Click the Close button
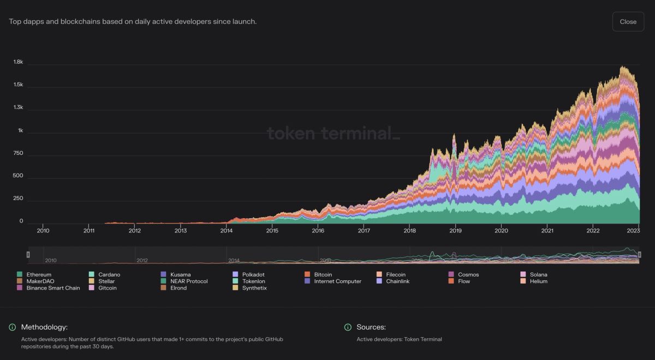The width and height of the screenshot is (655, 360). (x=628, y=22)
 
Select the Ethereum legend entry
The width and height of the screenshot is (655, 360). (x=38, y=274)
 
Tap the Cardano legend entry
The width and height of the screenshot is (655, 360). (x=109, y=274)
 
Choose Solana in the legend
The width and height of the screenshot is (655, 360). (x=538, y=274)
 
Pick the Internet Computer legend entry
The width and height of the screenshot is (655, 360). (x=337, y=281)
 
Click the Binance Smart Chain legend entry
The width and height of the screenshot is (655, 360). (x=53, y=288)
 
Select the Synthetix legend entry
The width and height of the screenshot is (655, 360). (x=254, y=288)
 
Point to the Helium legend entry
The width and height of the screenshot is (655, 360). (x=538, y=281)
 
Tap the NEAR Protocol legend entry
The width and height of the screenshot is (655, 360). (x=189, y=281)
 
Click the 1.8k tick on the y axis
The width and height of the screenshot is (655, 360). (x=18, y=62)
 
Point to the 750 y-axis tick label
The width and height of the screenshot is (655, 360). (x=18, y=153)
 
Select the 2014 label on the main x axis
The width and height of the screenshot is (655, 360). (x=227, y=231)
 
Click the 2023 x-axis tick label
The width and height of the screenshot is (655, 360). (x=633, y=231)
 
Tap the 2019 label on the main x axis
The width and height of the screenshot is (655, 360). (x=455, y=231)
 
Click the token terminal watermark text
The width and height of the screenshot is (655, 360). (x=333, y=133)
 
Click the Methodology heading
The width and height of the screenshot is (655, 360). (x=44, y=327)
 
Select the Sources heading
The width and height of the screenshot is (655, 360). (x=371, y=327)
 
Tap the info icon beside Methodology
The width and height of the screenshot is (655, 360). (x=12, y=327)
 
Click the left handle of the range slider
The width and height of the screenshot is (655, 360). (x=28, y=255)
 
